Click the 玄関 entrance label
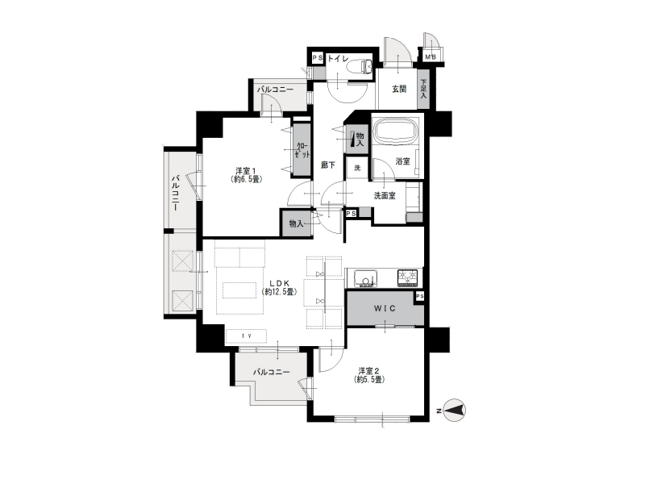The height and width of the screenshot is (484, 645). (x=399, y=89)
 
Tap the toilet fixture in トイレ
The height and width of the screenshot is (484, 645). (x=360, y=66)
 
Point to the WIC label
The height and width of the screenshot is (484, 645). (x=385, y=308)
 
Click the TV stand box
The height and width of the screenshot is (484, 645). (x=246, y=336)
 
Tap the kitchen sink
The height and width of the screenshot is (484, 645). (x=366, y=278)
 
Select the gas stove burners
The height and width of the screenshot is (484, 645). (x=407, y=277)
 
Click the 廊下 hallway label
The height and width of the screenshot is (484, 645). (x=328, y=165)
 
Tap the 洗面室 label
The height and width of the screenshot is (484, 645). (x=385, y=196)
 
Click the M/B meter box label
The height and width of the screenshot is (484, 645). (x=431, y=57)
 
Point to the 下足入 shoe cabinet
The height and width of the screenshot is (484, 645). (x=423, y=90)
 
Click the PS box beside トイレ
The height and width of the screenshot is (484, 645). (x=318, y=58)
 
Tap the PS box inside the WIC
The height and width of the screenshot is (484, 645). (x=419, y=296)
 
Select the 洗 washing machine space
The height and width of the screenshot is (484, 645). (x=357, y=168)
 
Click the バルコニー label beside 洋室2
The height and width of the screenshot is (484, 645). (x=272, y=372)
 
